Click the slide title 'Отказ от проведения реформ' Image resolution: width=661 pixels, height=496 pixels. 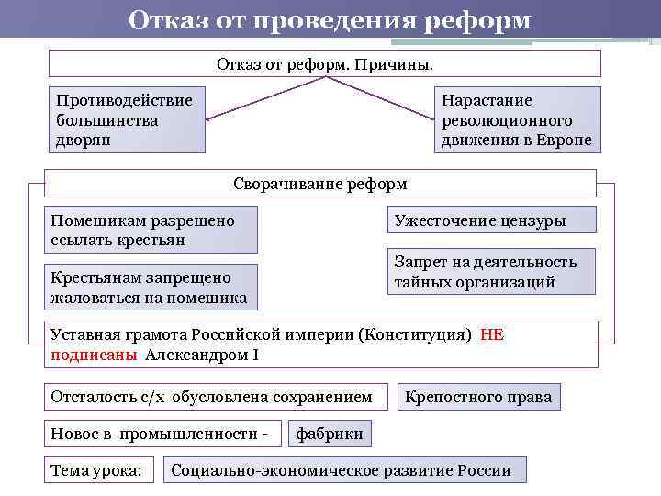[x=330, y=19]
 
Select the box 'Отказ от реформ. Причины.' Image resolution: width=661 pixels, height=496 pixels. [x=324, y=63]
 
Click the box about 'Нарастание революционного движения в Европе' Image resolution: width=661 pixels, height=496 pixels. [x=517, y=120]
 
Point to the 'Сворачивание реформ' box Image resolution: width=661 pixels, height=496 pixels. [x=320, y=184]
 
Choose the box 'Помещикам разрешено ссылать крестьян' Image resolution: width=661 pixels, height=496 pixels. [x=151, y=231]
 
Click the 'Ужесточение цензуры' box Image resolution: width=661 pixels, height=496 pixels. [x=491, y=220]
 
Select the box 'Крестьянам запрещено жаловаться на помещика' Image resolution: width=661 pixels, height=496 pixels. [x=151, y=287]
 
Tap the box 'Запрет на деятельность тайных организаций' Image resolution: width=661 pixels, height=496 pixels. [x=491, y=272]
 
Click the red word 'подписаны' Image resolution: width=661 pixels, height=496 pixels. [x=95, y=355]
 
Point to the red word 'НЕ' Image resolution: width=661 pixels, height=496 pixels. [x=492, y=335]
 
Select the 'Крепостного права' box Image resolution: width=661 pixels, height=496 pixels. [x=479, y=397]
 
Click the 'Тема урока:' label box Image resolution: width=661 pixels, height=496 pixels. [x=96, y=470]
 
